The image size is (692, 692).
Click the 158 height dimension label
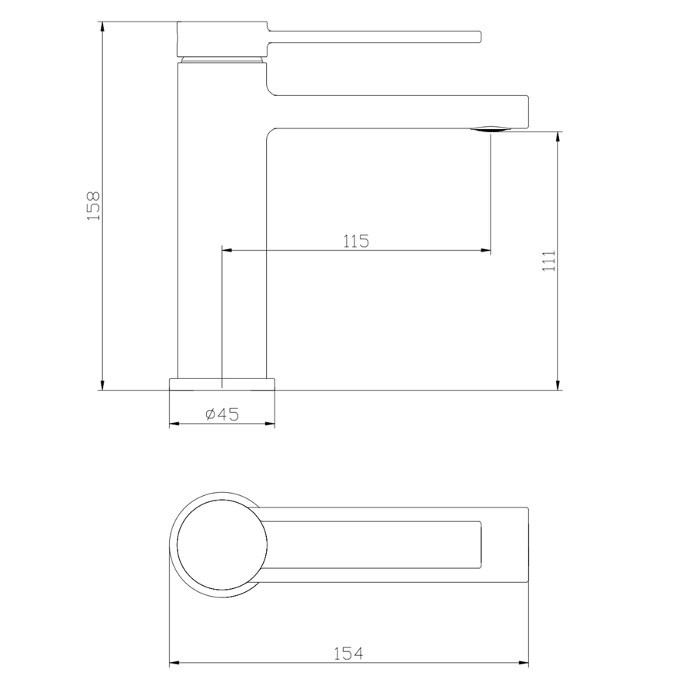pos(94,206)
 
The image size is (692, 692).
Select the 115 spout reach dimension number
pos(356,241)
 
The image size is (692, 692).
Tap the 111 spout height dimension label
pos(549,261)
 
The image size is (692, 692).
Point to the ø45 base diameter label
pos(222,414)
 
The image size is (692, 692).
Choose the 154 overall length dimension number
pos(348,654)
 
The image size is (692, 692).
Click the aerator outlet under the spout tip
pos(491,129)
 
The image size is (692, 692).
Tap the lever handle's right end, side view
pos(480,37)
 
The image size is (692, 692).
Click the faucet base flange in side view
pos(222,384)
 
